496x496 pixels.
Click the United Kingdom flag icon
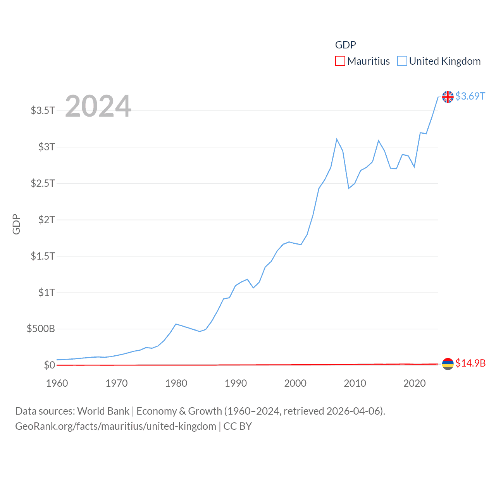[x=448, y=96]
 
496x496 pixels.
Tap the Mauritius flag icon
[x=448, y=363]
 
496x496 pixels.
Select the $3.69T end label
[x=470, y=96]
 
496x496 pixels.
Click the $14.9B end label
[x=470, y=363]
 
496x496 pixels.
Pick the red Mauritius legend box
[x=340, y=61]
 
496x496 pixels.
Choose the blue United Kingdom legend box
[x=402, y=61]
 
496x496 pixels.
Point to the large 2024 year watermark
[x=98, y=106]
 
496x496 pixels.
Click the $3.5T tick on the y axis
[x=43, y=110]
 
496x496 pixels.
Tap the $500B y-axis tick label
[x=41, y=329]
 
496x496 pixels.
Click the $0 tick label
[x=49, y=365]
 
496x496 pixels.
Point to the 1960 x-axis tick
[x=57, y=383]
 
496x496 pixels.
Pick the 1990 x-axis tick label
[x=236, y=383]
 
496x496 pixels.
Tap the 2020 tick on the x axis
[x=414, y=383]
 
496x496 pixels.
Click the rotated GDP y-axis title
[x=16, y=224]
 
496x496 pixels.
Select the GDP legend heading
[x=345, y=45]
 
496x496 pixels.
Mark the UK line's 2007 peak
[x=337, y=139]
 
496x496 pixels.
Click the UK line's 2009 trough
[x=349, y=188]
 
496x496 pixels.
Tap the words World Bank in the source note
[x=103, y=411]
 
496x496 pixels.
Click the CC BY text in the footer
[x=238, y=426]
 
